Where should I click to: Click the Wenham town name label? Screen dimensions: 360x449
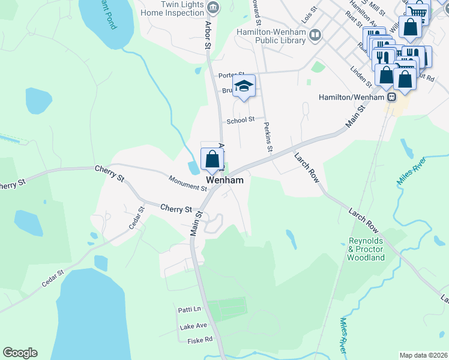pyautogui.click(x=225, y=180)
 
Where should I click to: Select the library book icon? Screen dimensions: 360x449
pyautogui.click(x=315, y=36)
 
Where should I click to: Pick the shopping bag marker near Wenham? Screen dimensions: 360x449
pyautogui.click(x=212, y=160)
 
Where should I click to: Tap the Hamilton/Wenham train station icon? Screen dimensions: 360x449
pyautogui.click(x=391, y=97)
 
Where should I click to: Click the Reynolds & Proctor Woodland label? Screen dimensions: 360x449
pyautogui.click(x=366, y=249)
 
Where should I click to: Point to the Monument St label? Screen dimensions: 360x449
pyautogui.click(x=187, y=183)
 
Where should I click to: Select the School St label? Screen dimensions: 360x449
pyautogui.click(x=241, y=121)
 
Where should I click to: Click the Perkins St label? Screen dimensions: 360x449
pyautogui.click(x=268, y=138)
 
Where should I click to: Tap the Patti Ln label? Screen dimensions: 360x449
pyautogui.click(x=189, y=310)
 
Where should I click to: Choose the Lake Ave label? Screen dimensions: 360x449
pyautogui.click(x=193, y=326)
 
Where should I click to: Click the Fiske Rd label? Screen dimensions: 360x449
pyautogui.click(x=200, y=340)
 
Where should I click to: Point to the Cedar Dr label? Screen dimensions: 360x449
pyautogui.click(x=137, y=218)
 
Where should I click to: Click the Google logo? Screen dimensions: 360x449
pyautogui.click(x=20, y=353)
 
